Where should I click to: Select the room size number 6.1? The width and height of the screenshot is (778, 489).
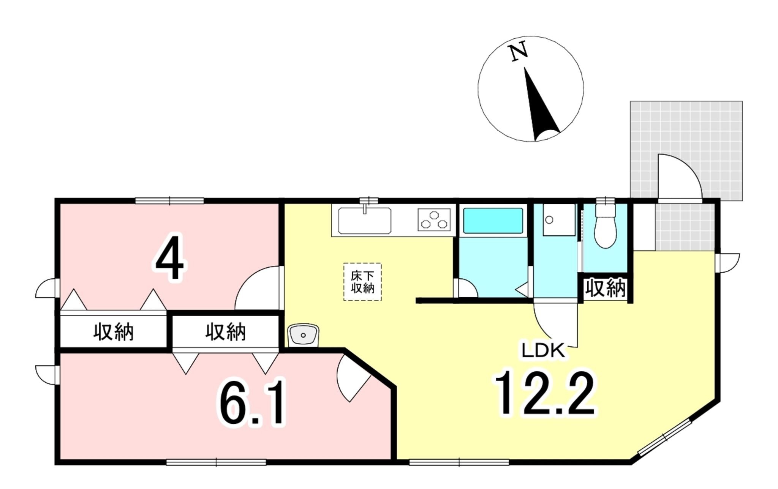pos(251,404)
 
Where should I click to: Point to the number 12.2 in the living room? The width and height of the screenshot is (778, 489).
pos(544,394)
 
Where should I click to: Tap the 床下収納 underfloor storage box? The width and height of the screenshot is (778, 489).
pos(362,282)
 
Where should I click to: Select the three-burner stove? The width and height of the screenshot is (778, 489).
pos(434,220)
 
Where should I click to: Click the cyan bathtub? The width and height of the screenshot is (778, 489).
pos(493,221)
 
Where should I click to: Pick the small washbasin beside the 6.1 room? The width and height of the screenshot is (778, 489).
pos(303,335)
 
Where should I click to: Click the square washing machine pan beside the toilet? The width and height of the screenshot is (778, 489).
pos(559,220)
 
